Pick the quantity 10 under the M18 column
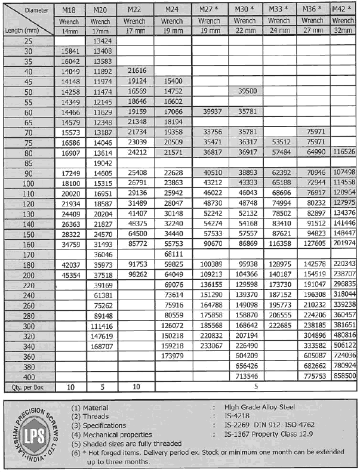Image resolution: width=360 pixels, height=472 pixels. [69, 387]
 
